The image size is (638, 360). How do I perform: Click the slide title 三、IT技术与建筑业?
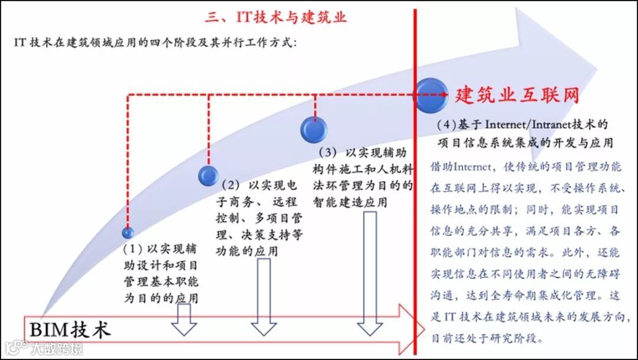coord(276,17)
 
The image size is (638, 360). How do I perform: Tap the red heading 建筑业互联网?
coord(516,95)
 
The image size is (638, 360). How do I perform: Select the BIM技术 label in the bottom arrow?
coord(70,329)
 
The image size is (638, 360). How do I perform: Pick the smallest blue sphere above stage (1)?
coord(128,232)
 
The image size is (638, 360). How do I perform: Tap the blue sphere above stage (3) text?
coord(314,129)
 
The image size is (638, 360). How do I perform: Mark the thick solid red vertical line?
coord(415,207)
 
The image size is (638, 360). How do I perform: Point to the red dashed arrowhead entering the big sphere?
coord(442,95)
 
